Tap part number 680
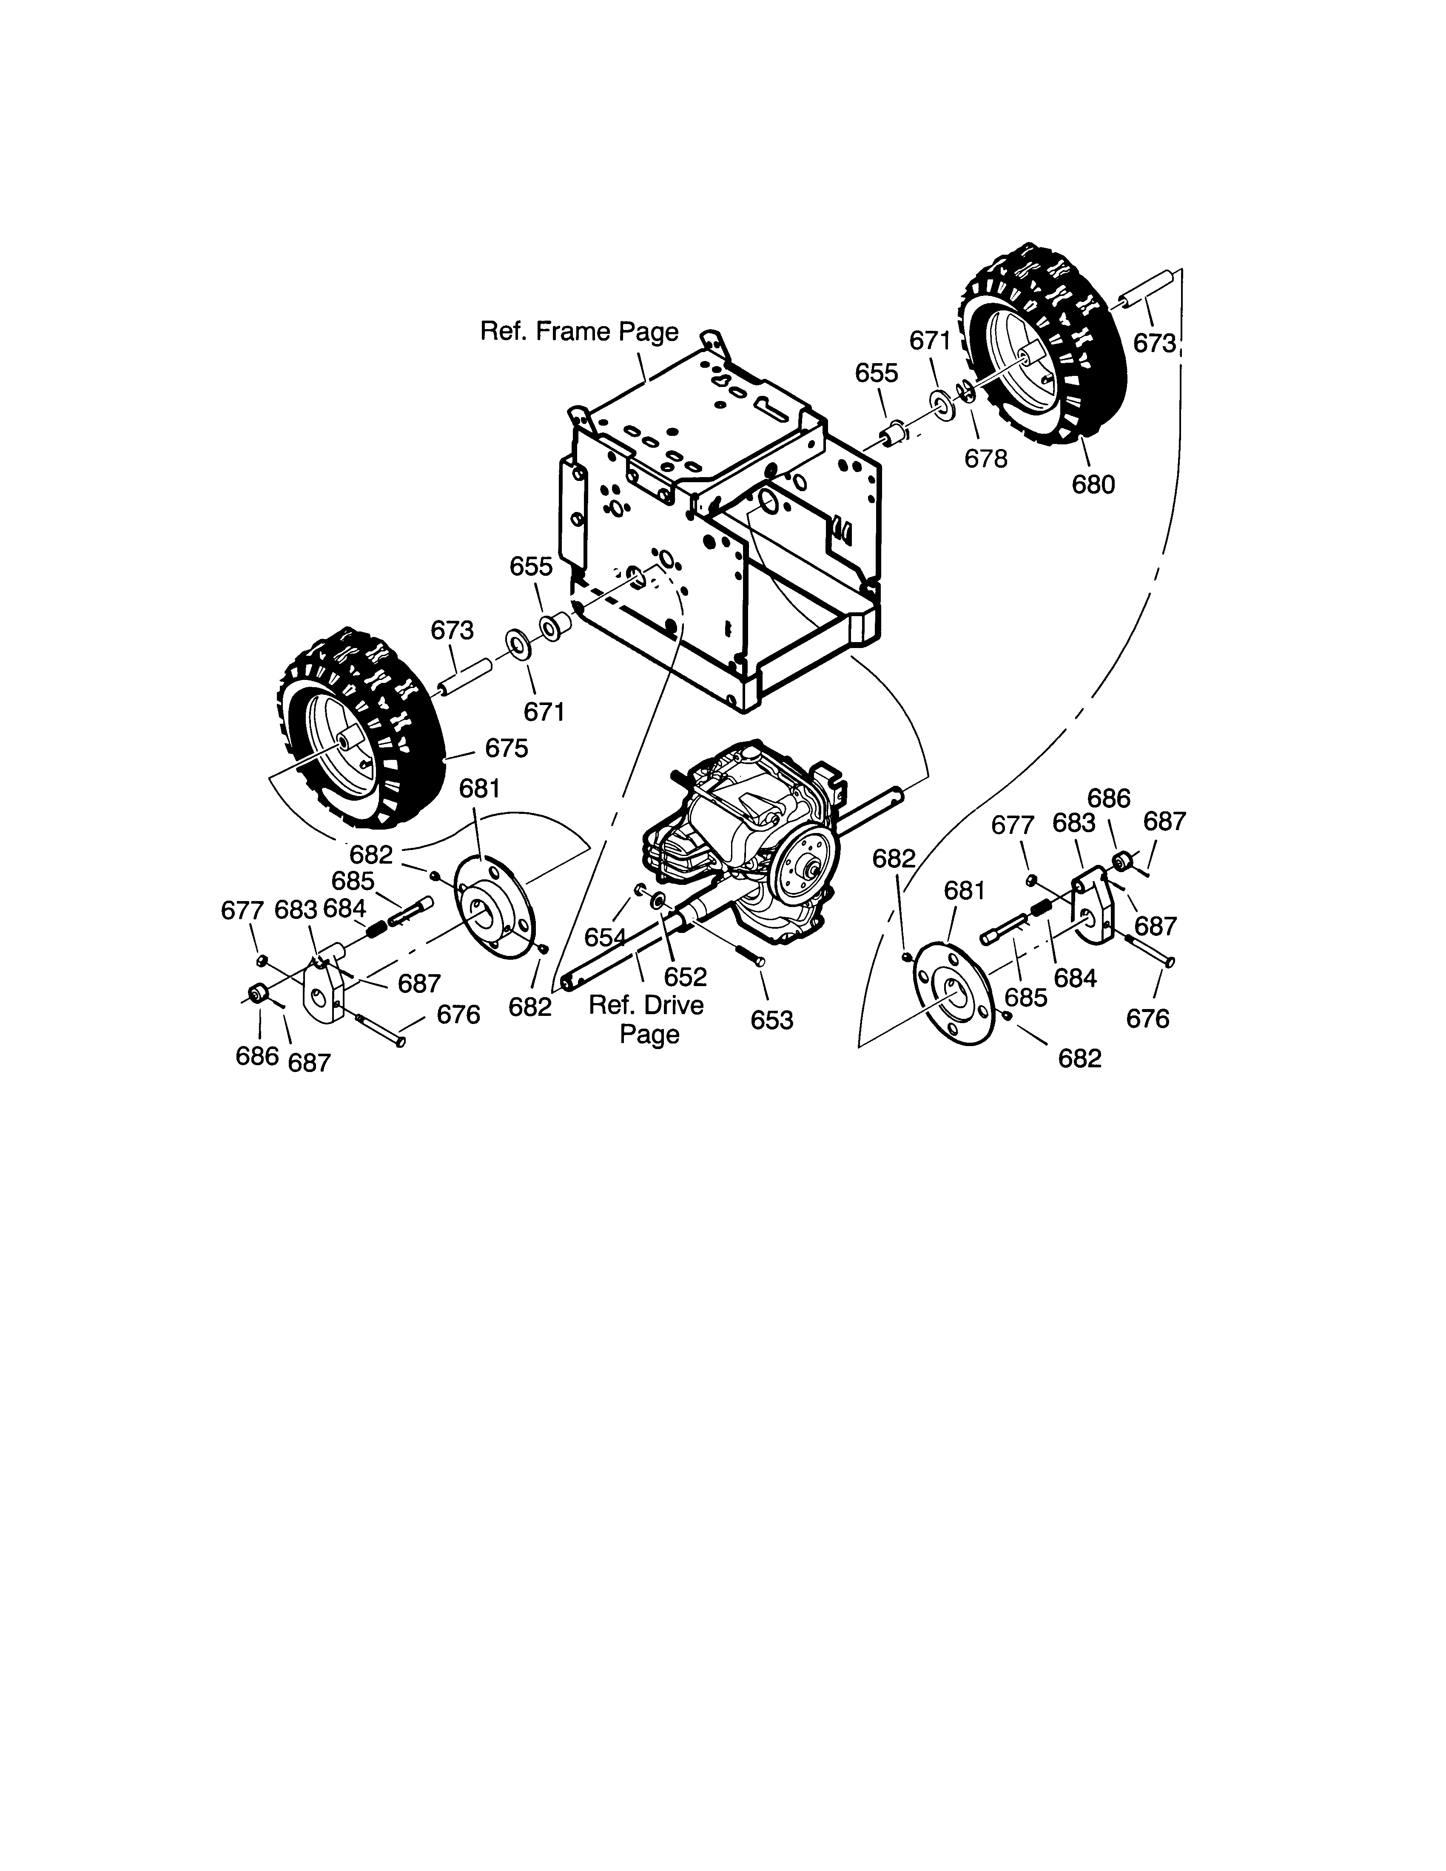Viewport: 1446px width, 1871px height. pyautogui.click(x=1094, y=485)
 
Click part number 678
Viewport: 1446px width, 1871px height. pyautogui.click(x=986, y=459)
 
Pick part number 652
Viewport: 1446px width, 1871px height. pyautogui.click(x=686, y=977)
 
